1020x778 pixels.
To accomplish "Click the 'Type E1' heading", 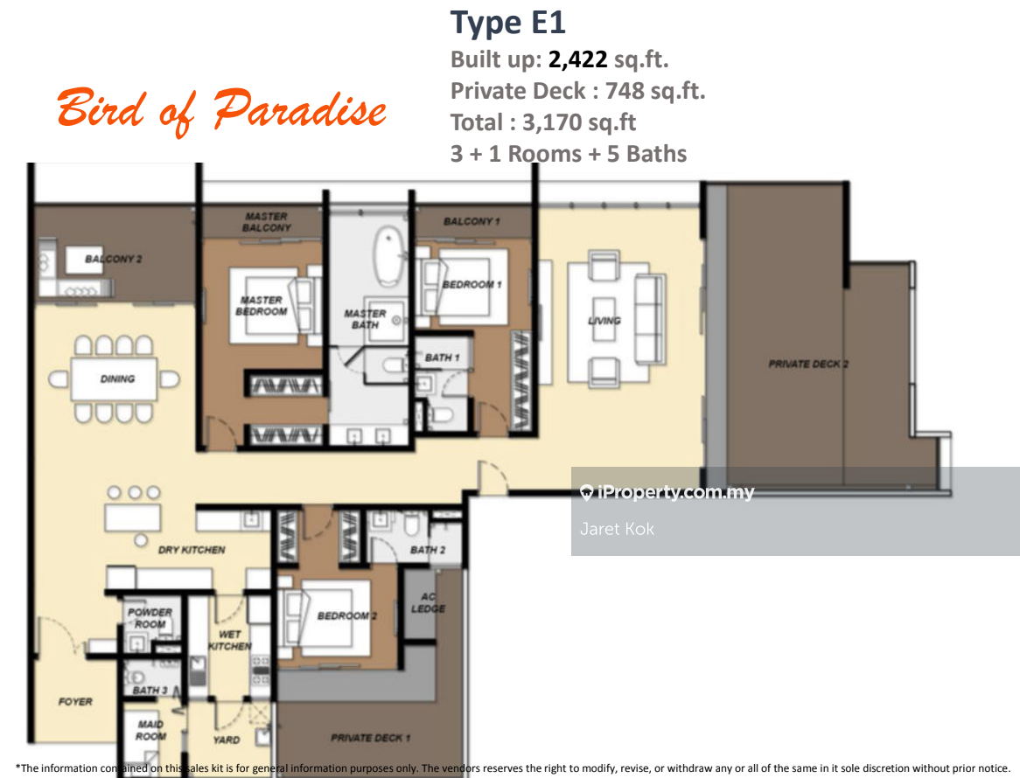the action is coord(508,24).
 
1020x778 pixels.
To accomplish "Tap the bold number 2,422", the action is coord(577,59).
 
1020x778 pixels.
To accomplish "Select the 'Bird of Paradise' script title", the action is coord(222,110).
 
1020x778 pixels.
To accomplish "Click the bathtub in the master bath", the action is coord(389,256).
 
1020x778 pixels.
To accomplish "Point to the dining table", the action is coord(114,379).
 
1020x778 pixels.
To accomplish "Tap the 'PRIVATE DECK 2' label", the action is coord(808,364).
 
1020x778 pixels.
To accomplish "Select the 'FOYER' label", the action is coord(75,702).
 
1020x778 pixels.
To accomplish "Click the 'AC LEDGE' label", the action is coord(428,602).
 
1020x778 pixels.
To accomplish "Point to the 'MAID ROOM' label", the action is coord(150,731).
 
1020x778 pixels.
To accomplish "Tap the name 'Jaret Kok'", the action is coord(617,529).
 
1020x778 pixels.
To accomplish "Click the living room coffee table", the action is coord(604,321).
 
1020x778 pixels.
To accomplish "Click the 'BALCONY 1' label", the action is coord(472,222).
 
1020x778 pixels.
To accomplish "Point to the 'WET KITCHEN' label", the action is coord(229,640).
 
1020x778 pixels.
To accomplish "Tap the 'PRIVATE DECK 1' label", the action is coord(370,738).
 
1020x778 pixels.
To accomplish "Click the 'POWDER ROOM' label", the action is coord(150,618).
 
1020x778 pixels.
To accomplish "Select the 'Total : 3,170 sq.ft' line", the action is coord(543,122).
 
